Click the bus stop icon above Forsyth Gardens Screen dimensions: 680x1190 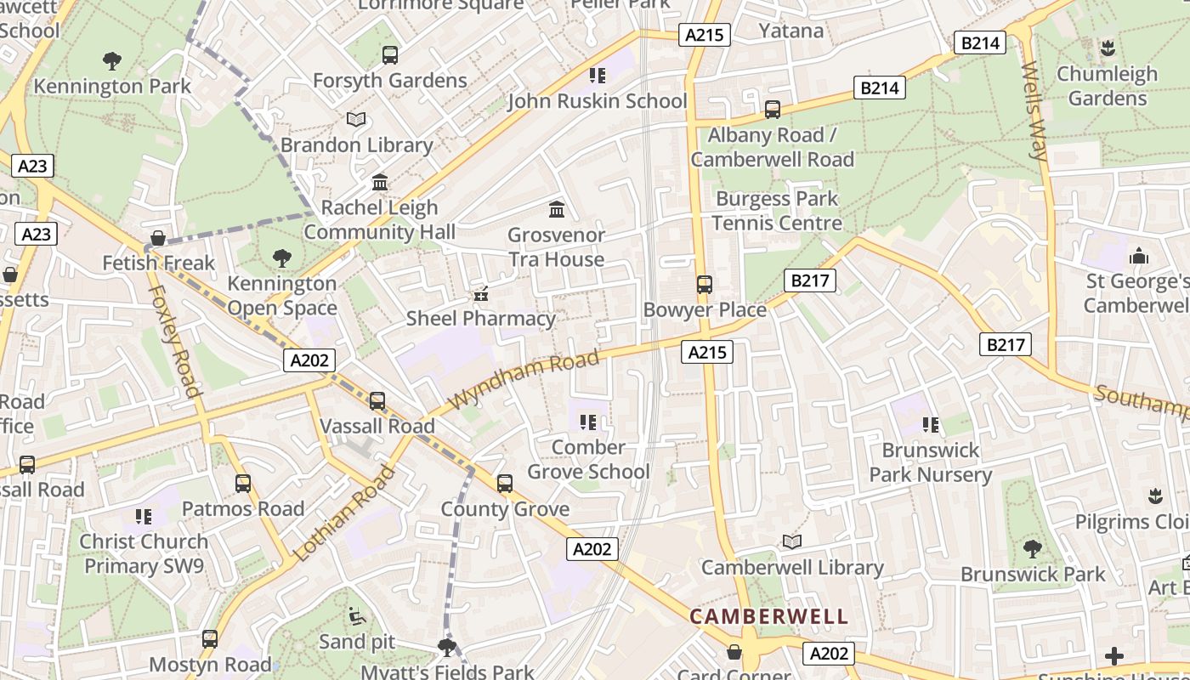coord(390,55)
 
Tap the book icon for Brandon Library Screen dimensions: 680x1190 coord(356,120)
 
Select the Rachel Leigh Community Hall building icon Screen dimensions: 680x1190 coord(380,183)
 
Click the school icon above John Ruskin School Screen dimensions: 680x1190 coord(598,76)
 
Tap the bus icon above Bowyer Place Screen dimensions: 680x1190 coord(705,285)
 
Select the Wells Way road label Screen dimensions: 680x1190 coord(1033,110)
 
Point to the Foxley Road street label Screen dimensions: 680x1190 coord(175,340)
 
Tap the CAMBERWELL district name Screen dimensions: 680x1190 coord(768,616)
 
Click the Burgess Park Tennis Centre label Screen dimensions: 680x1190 coord(777,211)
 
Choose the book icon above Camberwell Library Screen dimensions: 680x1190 coord(792,542)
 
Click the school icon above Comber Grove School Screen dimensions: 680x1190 coord(587,422)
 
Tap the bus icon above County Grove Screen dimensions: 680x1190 coord(505,484)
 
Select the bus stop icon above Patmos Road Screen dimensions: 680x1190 coord(243,484)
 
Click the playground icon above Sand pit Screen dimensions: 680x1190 coord(358,616)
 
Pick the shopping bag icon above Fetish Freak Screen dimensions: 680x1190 coord(158,238)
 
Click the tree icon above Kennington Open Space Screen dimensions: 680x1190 coord(282,258)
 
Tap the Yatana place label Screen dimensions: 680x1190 coord(790,31)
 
